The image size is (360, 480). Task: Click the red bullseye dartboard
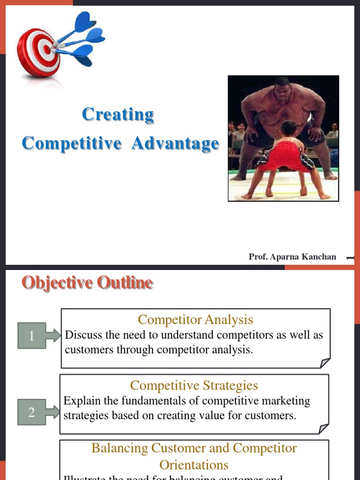pos(38,52)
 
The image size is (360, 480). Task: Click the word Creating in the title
pos(118,114)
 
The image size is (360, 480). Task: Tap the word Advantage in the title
pos(175,143)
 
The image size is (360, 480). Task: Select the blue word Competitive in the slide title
pos(71,143)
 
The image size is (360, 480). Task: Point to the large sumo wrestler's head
pos(283,90)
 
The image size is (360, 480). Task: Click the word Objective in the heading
pos(57,283)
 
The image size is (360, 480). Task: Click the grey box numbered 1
pos(32,336)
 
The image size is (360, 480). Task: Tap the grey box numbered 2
pos(31,412)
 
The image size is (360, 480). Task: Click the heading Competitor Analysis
pos(195,320)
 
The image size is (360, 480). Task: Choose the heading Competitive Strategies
pos(194,385)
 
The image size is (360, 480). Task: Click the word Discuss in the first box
pos(83,335)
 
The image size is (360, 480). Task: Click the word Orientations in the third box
pos(194,465)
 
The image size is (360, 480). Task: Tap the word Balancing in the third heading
pos(120,448)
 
